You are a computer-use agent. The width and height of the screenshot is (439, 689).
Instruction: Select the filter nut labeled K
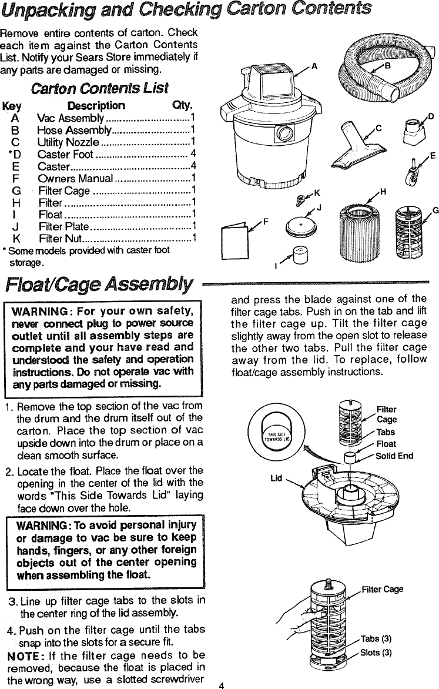[x=303, y=200]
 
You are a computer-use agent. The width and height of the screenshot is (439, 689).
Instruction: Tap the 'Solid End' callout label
[x=394, y=456]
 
